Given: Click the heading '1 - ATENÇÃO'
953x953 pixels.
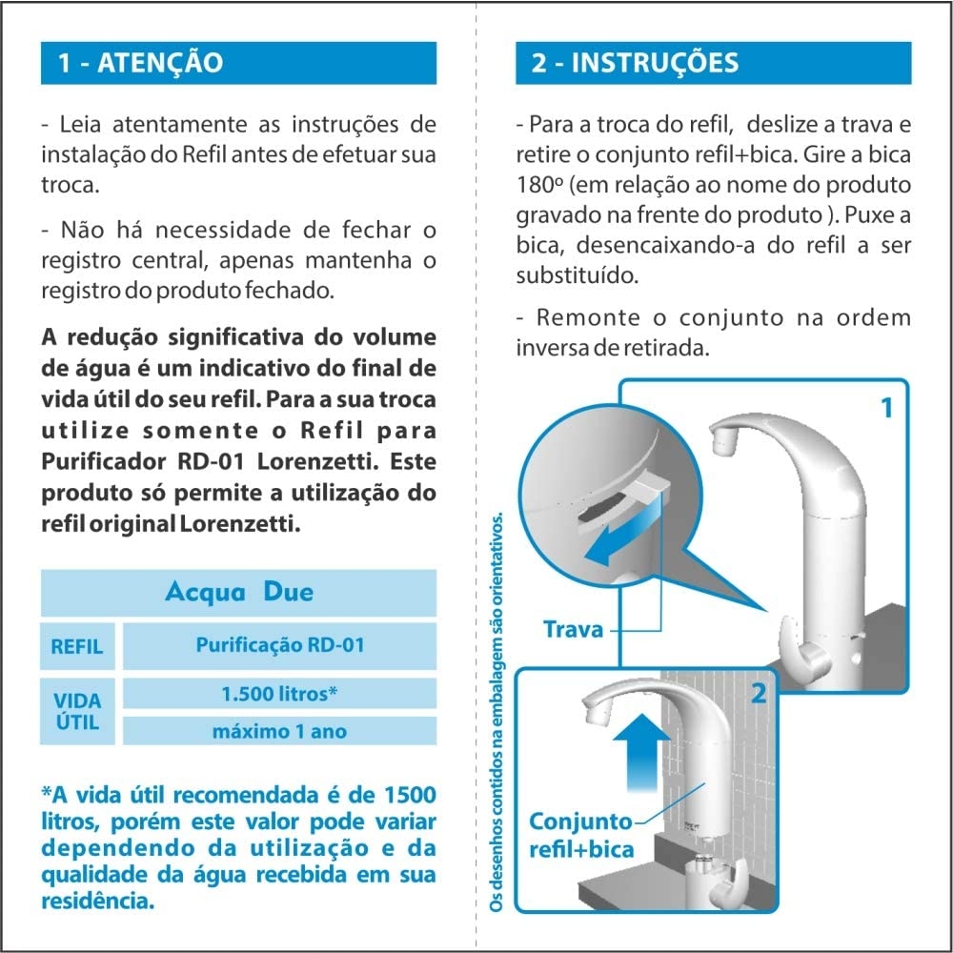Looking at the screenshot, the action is click(x=140, y=63).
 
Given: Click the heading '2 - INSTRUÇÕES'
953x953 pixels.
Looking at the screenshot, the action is click(x=635, y=63).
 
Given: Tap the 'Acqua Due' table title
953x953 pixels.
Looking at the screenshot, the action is click(x=239, y=592).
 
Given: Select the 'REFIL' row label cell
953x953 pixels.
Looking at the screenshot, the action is click(x=77, y=646).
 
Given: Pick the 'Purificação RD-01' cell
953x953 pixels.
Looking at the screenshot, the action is click(x=279, y=645).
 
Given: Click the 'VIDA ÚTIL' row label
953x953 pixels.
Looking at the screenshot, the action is click(x=77, y=712).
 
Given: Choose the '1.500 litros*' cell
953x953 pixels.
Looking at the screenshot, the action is click(x=279, y=694).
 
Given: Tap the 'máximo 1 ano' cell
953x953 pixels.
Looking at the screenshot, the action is click(x=279, y=731).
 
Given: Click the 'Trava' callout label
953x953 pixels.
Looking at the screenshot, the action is click(x=573, y=630).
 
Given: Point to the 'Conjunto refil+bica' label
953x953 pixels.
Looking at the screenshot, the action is click(x=581, y=835).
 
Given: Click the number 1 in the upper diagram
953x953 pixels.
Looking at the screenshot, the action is click(x=886, y=408).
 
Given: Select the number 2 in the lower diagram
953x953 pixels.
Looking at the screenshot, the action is click(x=759, y=694).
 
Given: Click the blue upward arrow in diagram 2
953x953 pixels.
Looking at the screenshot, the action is click(x=641, y=754).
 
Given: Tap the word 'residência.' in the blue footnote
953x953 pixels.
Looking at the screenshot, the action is click(x=98, y=902).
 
